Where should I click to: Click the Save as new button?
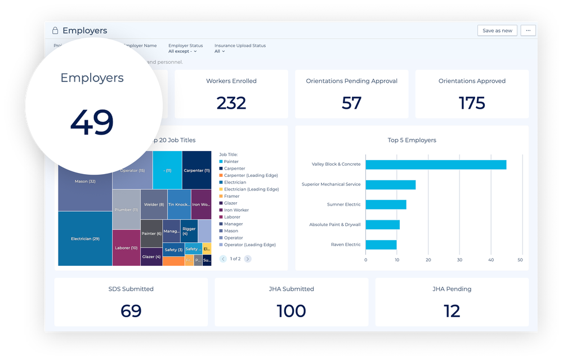click(497, 30)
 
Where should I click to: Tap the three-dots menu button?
click(528, 30)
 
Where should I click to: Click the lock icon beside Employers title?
click(55, 30)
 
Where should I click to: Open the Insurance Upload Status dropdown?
click(220, 51)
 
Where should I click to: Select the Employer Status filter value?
click(182, 51)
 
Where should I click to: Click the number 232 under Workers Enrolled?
click(231, 103)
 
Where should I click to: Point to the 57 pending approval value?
click(351, 103)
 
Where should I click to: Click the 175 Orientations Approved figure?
click(472, 103)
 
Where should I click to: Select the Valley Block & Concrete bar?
click(436, 165)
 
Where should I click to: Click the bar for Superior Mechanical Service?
click(390, 185)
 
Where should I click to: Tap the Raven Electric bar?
click(381, 245)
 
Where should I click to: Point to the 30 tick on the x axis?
click(460, 260)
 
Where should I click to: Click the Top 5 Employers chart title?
click(412, 140)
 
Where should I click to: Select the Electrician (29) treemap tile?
click(85, 238)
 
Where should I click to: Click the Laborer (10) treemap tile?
click(126, 247)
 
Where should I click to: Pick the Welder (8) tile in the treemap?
click(154, 205)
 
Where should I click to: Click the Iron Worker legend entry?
click(236, 210)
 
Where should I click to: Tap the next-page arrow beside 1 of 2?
click(248, 259)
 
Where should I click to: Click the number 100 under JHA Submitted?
click(291, 311)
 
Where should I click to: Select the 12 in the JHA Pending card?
click(452, 311)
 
